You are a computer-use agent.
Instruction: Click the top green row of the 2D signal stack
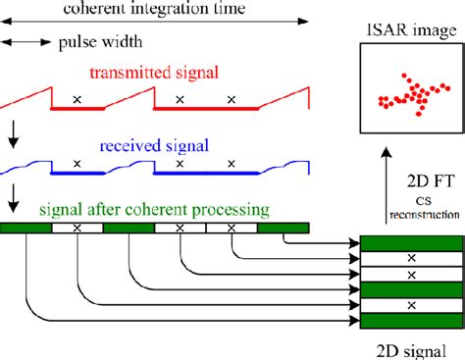click(411, 243)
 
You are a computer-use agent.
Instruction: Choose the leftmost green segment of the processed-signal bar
click(26, 228)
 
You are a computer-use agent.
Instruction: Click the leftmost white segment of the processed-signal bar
click(77, 228)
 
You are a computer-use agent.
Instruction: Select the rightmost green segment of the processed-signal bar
click(283, 228)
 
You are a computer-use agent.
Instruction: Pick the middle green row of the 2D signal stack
click(411, 290)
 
